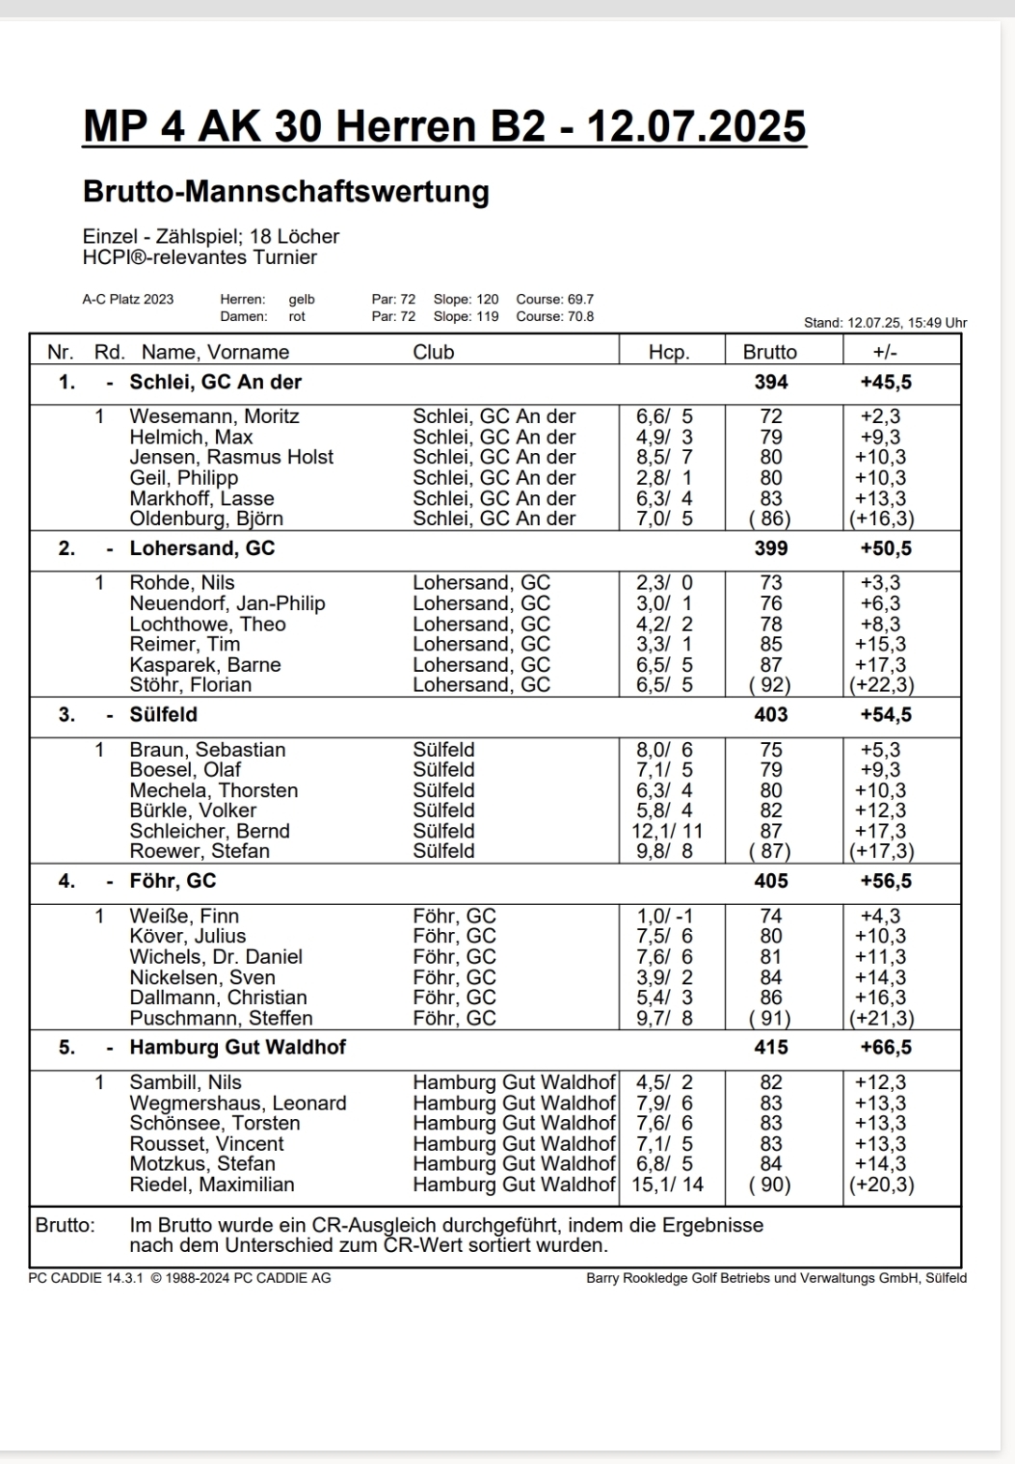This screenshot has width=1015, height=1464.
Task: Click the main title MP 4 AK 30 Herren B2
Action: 444,126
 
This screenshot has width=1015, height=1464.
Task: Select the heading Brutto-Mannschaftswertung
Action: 286,191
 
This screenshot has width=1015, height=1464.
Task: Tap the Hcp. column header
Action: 669,352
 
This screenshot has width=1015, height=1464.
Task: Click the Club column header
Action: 433,352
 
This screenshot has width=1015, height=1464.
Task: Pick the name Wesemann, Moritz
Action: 214,416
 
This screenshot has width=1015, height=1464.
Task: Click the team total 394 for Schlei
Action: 771,382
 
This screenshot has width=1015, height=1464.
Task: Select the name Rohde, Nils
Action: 182,583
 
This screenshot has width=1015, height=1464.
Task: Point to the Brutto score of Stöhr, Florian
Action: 770,685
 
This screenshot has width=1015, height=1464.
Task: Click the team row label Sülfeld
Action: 164,714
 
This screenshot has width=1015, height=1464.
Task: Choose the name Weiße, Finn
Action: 184,916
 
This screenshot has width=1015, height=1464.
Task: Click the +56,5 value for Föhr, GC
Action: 886,881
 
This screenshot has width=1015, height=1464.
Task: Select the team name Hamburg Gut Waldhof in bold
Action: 237,1047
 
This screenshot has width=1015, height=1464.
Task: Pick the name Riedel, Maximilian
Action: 212,1185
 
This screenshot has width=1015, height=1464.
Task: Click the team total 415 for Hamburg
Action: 771,1047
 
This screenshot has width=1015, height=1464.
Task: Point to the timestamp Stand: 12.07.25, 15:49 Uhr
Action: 885,323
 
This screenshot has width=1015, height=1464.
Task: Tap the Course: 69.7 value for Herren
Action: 555,300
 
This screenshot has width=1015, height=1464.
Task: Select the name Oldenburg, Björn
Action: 206,519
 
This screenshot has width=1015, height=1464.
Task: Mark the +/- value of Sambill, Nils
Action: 880,1082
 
